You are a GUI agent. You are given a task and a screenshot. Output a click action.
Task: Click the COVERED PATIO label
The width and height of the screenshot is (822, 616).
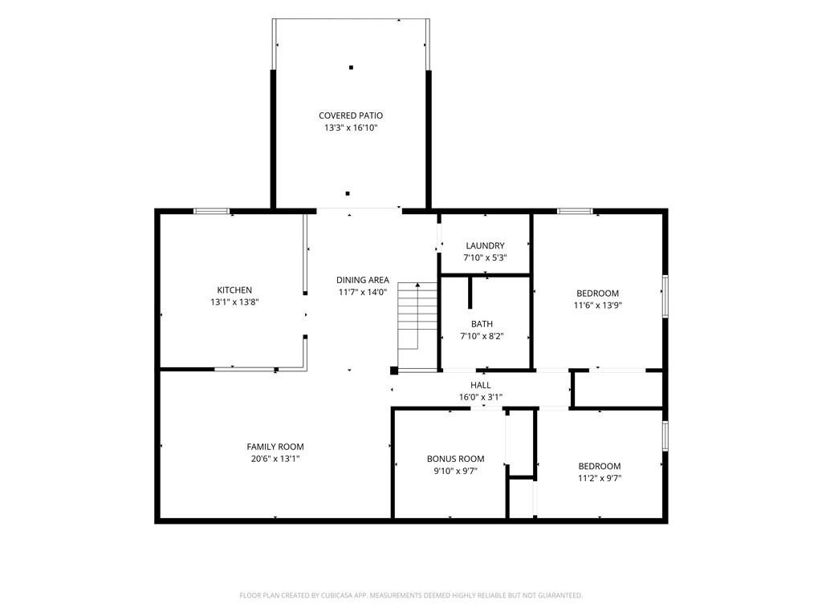(351, 115)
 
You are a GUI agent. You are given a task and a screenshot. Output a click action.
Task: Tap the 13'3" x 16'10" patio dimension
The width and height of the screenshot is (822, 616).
(351, 128)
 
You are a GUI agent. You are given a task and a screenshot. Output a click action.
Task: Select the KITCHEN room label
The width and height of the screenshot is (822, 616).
(234, 290)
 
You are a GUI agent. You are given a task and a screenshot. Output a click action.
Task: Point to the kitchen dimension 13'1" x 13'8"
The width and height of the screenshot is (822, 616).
(234, 302)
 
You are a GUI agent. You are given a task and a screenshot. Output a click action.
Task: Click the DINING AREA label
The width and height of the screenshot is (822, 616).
(363, 280)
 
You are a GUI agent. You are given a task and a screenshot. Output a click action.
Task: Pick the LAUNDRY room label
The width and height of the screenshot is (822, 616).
(485, 245)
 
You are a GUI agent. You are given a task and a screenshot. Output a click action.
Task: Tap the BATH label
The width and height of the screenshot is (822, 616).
(482, 324)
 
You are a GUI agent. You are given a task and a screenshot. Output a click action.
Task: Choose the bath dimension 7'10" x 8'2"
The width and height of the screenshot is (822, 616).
(482, 336)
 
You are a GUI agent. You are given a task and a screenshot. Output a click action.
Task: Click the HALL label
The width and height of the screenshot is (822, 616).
(480, 385)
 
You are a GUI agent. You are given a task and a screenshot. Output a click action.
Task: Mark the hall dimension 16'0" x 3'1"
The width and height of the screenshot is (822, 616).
(480, 398)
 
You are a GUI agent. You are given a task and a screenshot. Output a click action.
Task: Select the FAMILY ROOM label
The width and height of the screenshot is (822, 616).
(275, 447)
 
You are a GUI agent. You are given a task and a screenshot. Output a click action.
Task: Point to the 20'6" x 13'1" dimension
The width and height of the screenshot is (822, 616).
(275, 459)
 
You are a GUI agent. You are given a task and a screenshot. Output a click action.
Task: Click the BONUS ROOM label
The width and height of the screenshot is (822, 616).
(456, 459)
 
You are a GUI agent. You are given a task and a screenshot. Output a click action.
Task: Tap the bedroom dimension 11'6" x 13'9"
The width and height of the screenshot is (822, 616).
(597, 306)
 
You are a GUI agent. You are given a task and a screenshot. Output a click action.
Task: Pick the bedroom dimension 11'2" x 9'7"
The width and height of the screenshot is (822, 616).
(599, 478)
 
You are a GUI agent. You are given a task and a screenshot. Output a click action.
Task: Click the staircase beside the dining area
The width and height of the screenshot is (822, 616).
(417, 326)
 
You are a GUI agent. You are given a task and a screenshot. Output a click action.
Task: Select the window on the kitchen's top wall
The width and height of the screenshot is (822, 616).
(211, 211)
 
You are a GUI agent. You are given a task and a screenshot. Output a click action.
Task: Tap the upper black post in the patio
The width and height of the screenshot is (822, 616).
(351, 67)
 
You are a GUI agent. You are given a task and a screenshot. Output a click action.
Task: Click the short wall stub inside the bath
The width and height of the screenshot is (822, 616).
(470, 292)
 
